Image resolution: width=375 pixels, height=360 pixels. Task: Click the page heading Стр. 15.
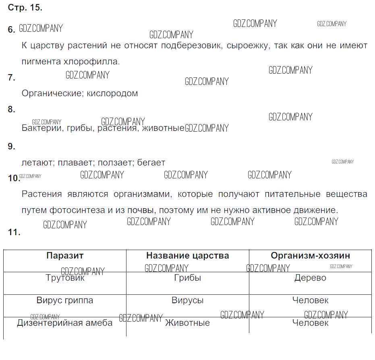pos(25,8)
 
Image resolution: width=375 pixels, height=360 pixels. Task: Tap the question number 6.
pos(11,29)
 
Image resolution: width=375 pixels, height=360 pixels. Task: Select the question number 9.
pos(11,146)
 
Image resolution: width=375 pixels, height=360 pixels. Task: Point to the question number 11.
pos(14,232)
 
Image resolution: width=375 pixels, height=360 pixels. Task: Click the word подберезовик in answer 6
pos(192,46)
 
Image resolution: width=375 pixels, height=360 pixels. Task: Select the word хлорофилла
pos(91,62)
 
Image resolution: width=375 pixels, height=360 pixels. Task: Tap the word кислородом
pos(112,93)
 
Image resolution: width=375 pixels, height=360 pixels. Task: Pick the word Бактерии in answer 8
pos(43,128)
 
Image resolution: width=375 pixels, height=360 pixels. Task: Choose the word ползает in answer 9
pos(116,163)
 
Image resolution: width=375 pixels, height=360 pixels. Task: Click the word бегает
pos(151,163)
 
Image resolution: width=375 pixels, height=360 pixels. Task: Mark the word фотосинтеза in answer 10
pos(77,210)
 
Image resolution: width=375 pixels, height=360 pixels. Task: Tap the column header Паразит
pos(65,256)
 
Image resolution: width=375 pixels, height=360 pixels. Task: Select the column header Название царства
pos(188,256)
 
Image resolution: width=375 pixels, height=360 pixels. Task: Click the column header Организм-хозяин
pos(311,256)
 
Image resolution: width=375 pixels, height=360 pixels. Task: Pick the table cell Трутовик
pos(65,278)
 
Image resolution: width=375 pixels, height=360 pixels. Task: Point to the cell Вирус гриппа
pos(65,300)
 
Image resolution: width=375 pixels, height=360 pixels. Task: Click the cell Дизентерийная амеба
pos(65,323)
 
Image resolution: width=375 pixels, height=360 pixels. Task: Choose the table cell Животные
pos(188,323)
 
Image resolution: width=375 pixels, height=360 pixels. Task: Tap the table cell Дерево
pos(311,278)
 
